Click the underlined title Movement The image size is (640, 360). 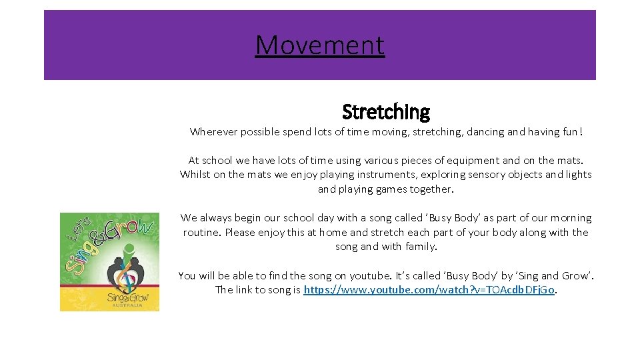tap(319, 45)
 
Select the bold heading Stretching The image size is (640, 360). tap(385, 111)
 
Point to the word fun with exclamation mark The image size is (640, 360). tap(573, 131)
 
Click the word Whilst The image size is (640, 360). tap(195, 175)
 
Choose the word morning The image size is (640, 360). tap(566, 218)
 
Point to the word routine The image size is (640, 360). tap(201, 232)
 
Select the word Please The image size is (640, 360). tap(241, 232)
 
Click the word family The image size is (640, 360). tap(421, 247)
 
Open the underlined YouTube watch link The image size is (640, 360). tap(429, 290)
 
